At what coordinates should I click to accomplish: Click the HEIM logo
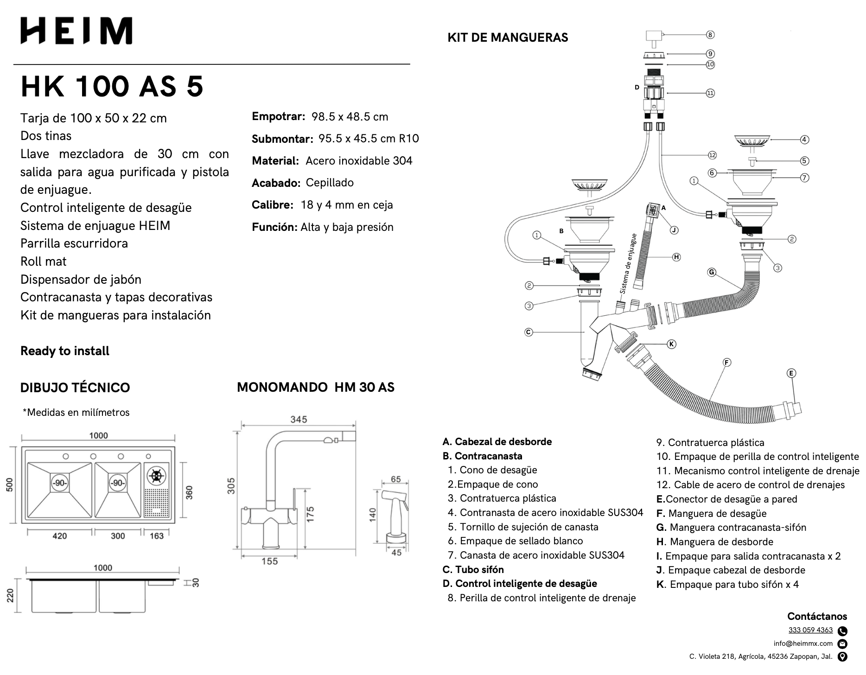coord(76,31)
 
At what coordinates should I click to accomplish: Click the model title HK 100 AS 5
coord(112,86)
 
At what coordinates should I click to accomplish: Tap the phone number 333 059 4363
coord(810,630)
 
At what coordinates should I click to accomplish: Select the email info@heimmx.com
coord(803,643)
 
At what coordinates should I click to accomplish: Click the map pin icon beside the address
coord(843,656)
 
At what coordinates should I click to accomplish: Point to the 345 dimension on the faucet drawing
coord(299,420)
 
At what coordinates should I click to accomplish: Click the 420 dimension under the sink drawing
coord(60,536)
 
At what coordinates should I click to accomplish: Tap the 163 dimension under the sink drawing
coord(157,536)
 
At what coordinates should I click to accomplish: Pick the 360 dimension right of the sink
coord(189,493)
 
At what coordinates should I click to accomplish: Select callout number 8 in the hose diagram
coord(710,35)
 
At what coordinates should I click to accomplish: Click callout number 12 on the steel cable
coord(712,155)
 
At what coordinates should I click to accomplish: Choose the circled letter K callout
coord(671,344)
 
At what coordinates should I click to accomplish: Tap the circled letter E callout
coord(791,373)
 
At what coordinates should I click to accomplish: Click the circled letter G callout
coord(712,272)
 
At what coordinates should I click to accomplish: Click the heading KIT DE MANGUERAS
coord(508,38)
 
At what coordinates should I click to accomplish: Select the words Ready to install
coord(65,351)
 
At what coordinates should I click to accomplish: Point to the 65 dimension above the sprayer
coord(395,479)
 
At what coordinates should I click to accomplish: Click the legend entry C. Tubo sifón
coord(473,569)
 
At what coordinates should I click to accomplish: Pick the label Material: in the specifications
coord(275,161)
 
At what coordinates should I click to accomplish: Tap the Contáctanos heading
coord(817,617)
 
